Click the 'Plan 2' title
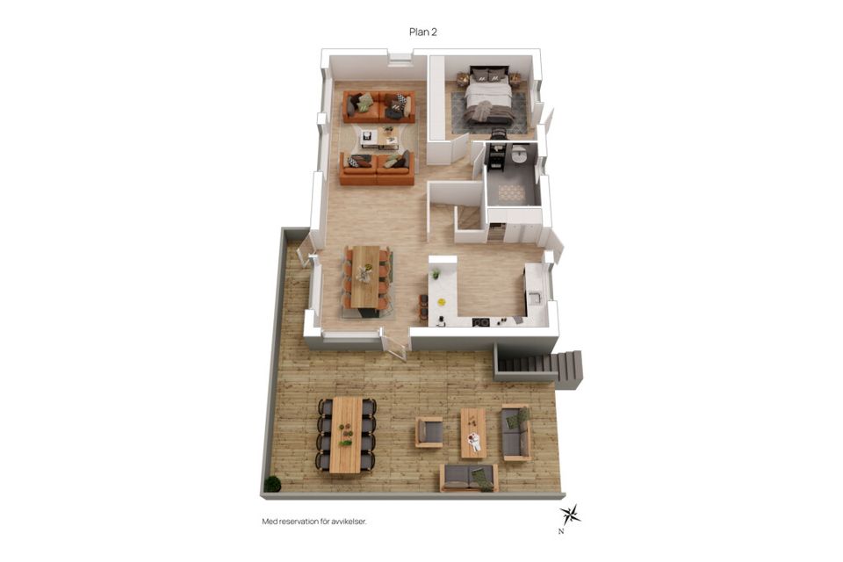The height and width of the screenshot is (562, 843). coord(423,32)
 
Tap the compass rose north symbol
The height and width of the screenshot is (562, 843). coord(569,515)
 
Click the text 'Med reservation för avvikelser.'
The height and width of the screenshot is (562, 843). coord(314,522)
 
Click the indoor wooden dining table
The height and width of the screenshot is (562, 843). coord(365,277)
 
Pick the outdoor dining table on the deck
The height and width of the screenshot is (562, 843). coord(346,435)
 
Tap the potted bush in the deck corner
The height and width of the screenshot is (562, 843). coord(272,484)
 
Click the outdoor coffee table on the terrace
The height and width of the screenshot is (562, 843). coord(473,433)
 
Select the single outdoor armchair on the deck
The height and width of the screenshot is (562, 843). coord(429,432)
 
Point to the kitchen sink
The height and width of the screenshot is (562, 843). coord(535,298)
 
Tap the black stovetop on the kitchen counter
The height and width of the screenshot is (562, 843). coord(481,322)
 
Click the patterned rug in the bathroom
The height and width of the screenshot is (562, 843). coord(511,192)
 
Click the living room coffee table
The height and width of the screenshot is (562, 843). coord(379,137)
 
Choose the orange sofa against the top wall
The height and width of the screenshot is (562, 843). coord(379,106)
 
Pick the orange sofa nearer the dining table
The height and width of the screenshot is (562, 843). coord(377,169)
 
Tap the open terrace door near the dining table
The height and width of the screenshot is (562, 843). coord(395,345)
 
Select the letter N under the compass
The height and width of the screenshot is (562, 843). coord(561,532)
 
